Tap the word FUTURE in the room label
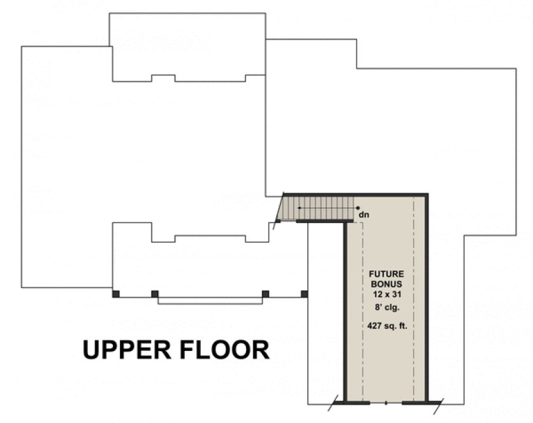[x=386, y=273]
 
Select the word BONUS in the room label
[x=386, y=284]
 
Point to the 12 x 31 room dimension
[x=386, y=295]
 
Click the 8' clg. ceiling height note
[x=386, y=308]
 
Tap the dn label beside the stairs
[x=364, y=215]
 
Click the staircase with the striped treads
[x=319, y=208]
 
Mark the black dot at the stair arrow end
[x=358, y=208]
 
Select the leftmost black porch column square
[x=115, y=294]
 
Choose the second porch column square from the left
[x=154, y=294]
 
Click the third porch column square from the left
[x=265, y=294]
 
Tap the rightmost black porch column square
[x=304, y=294]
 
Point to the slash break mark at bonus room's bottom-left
[x=334, y=403]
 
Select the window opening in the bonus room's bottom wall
[x=386, y=403]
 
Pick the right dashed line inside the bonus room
[x=415, y=299]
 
